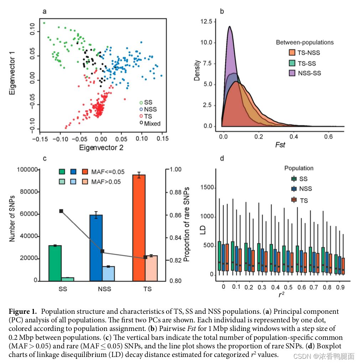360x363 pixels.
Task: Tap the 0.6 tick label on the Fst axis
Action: click(x=329, y=137)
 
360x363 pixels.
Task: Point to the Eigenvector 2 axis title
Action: click(x=101, y=147)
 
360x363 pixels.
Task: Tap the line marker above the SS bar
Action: click(x=61, y=211)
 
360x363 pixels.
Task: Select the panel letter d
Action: click(x=222, y=158)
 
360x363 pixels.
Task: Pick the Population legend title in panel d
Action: click(x=299, y=168)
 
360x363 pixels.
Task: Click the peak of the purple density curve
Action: click(x=230, y=26)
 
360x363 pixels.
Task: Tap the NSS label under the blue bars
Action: click(x=104, y=288)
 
